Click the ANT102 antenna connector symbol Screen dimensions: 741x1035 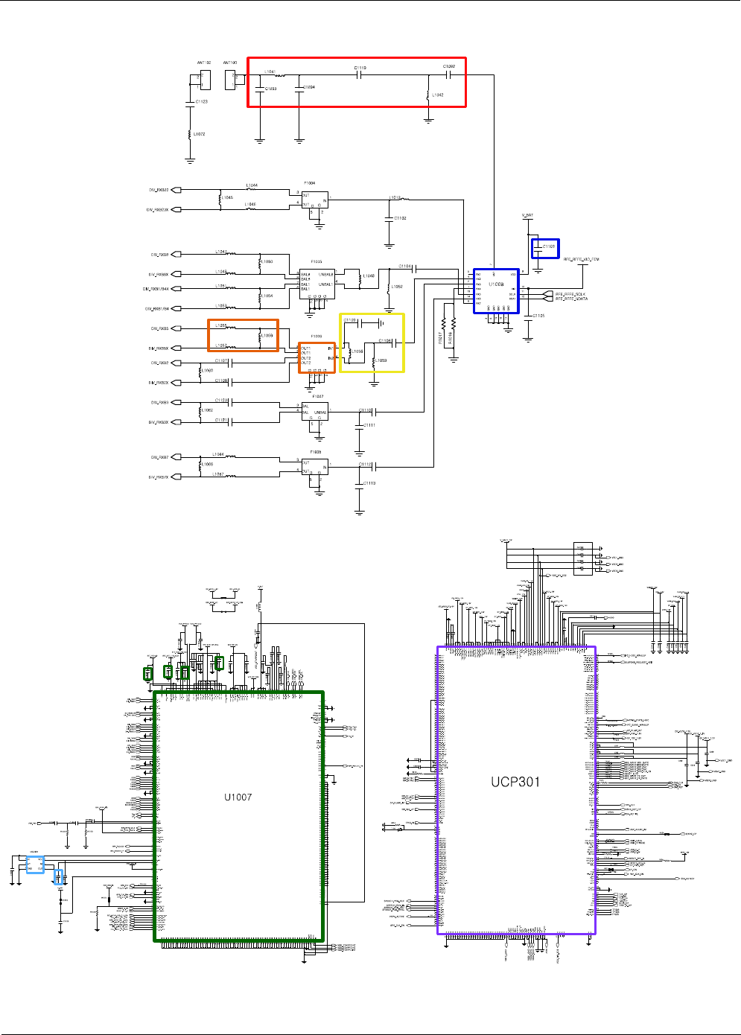click(205, 79)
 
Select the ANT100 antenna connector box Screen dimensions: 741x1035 click(231, 79)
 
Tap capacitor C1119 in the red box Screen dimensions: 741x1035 click(360, 75)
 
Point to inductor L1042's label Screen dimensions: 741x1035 click(438, 95)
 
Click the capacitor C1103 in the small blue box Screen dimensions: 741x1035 click(545, 247)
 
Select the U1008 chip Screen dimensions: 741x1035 click(496, 291)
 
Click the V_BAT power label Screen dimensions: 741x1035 click(527, 216)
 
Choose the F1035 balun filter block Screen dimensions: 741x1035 click(317, 284)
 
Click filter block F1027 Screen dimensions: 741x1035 click(314, 410)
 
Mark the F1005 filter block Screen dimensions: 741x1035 click(314, 467)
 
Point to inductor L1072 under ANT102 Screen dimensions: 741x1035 click(191, 134)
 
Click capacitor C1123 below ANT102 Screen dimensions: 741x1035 click(191, 101)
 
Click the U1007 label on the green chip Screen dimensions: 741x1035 click(238, 797)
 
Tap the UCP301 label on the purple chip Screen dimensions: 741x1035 click(515, 782)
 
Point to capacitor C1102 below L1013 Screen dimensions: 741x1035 click(389, 218)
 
